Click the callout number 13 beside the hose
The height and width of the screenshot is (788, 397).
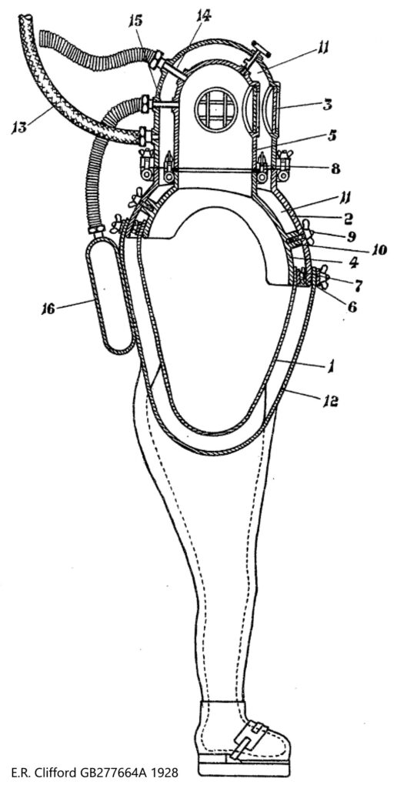tap(19, 128)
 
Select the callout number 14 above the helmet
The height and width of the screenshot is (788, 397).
tap(204, 17)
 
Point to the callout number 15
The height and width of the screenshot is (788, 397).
tap(136, 21)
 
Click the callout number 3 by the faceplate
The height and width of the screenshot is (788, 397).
tap(327, 106)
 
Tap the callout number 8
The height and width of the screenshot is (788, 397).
tap(336, 169)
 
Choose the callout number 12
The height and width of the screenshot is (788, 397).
tap(330, 401)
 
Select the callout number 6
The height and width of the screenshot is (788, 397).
tap(352, 306)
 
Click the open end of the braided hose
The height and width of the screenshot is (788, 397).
tap(25, 19)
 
